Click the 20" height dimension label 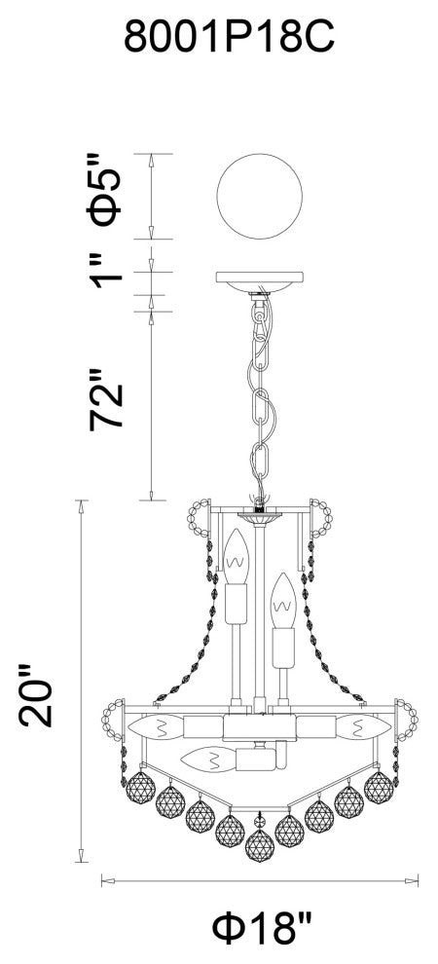[x=36, y=694]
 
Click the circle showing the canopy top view [x=260, y=196]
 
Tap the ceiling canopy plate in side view [x=260, y=282]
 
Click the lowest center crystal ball [x=260, y=846]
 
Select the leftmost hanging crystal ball [x=141, y=788]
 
